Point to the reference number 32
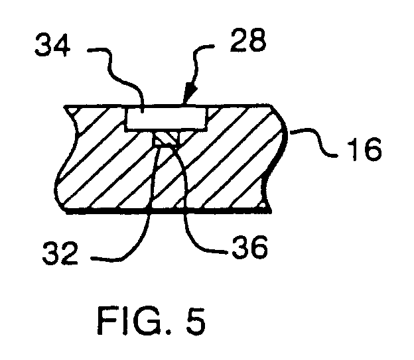[60, 253]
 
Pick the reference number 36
[249, 247]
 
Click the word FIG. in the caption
[134, 321]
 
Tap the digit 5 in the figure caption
[196, 321]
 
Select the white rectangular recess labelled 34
[166, 118]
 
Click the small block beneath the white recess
[167, 138]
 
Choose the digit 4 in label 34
[62, 44]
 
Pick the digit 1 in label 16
[353, 149]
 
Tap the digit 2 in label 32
[70, 253]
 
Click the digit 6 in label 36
[259, 247]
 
